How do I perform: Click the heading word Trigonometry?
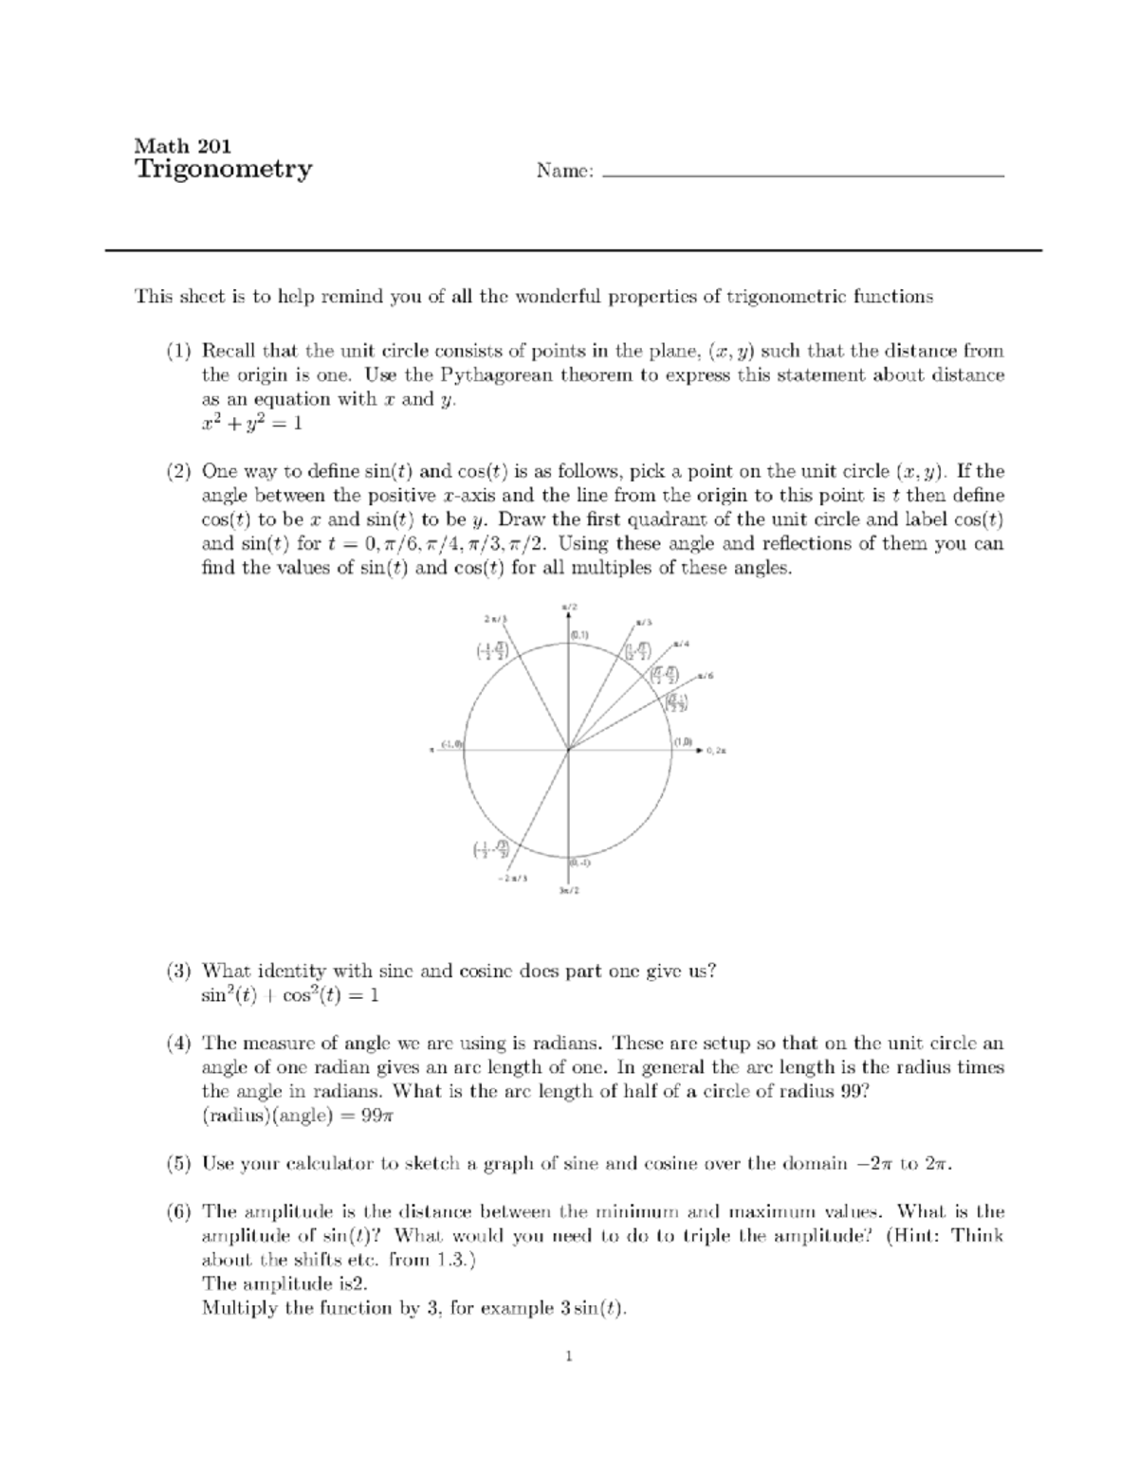pyautogui.click(x=223, y=171)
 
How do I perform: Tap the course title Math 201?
pyautogui.click(x=182, y=145)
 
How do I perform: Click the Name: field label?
pyautogui.click(x=565, y=172)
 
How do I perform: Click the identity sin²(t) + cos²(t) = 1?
pyautogui.click(x=290, y=995)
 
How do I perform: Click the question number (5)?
pyautogui.click(x=179, y=1163)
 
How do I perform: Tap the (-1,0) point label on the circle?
pyautogui.click(x=451, y=744)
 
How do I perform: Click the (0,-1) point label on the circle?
pyautogui.click(x=580, y=863)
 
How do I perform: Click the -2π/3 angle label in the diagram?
pyautogui.click(x=512, y=878)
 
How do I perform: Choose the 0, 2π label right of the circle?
pyautogui.click(x=717, y=750)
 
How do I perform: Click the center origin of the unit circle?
pyautogui.click(x=568, y=749)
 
